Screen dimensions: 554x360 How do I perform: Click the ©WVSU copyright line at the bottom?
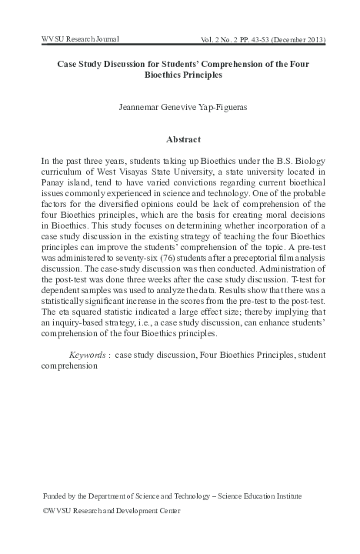pyautogui.click(x=108, y=510)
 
